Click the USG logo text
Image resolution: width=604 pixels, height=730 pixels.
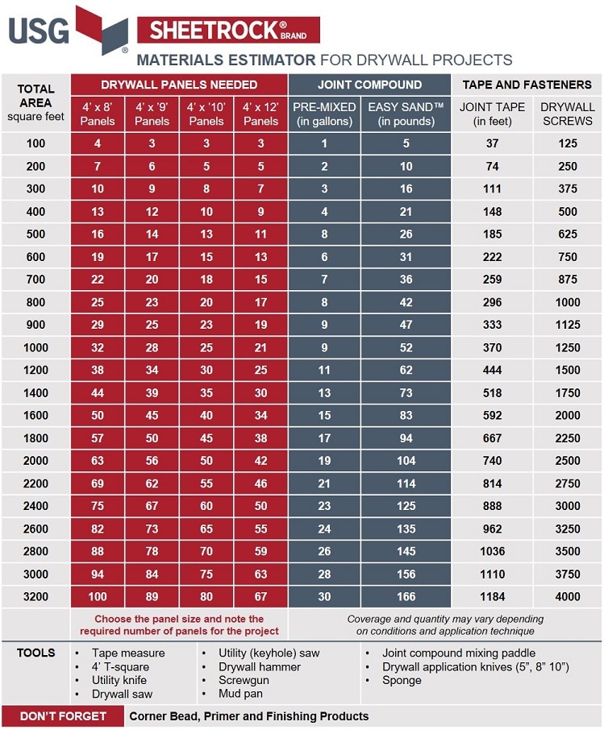(40, 31)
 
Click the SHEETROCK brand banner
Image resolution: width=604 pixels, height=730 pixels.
(228, 30)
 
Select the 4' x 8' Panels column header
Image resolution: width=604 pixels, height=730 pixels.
(98, 114)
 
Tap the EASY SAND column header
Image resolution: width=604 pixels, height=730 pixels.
(406, 114)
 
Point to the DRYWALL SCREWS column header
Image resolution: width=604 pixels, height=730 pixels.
(567, 114)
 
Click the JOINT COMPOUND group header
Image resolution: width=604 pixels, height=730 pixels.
(369, 85)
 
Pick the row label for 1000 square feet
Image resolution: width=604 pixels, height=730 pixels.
(35, 348)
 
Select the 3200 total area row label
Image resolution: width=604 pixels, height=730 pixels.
(35, 597)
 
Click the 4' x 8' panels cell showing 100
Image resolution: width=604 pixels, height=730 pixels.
(98, 597)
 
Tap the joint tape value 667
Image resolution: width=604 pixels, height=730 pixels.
(493, 438)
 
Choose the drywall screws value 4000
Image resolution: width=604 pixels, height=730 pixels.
(567, 597)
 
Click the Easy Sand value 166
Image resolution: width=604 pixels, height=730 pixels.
(406, 597)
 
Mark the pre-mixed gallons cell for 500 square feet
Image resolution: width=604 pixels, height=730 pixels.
(324, 234)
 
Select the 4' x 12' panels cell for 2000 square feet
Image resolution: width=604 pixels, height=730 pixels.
(260, 461)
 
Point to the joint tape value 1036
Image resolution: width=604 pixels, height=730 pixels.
(493, 552)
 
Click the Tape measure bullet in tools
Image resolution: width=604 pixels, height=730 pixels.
(127, 653)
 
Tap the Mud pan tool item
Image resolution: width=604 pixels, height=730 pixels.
(241, 695)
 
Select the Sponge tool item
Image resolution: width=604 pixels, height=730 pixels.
(402, 681)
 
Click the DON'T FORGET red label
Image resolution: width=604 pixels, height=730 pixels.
(63, 716)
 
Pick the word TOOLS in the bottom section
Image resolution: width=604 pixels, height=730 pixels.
(36, 653)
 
